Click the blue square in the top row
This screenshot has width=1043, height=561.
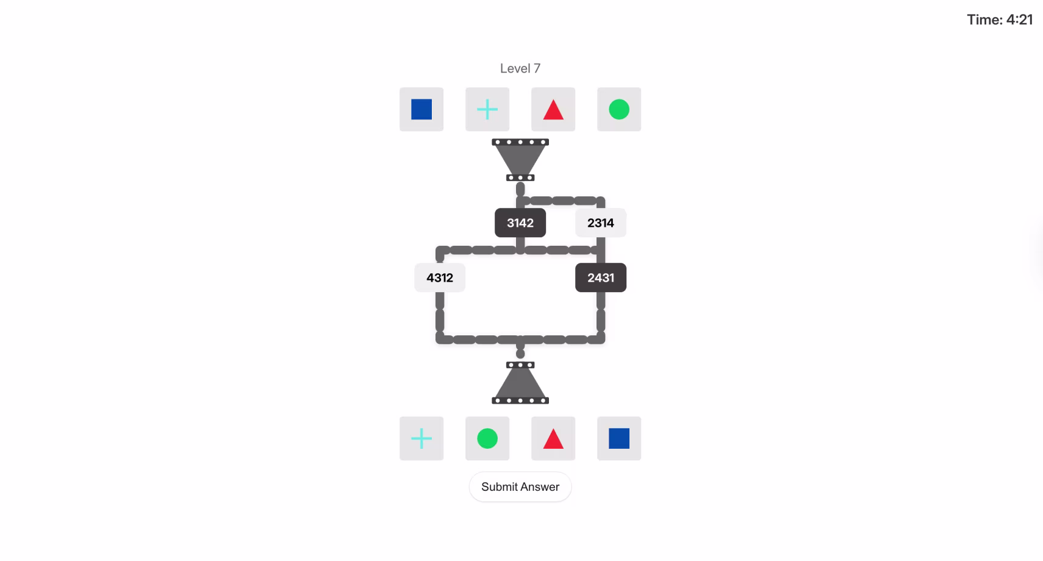pos(421,109)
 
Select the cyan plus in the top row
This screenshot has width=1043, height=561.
pos(487,109)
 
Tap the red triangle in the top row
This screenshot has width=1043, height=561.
pos(553,110)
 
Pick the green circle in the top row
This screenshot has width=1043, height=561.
pos(619,109)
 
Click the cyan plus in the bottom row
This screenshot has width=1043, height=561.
pos(421,438)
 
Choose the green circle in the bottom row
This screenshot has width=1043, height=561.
pos(487,438)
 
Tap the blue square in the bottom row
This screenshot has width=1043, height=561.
pos(619,438)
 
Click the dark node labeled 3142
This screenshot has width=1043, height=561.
pos(520,223)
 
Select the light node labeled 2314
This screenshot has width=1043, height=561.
pos(601,223)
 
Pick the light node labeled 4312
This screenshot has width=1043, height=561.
pos(440,278)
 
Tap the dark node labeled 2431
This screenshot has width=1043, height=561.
pos(601,278)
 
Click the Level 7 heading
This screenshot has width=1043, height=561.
pos(520,68)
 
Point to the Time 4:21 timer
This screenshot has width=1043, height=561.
pos(1000,20)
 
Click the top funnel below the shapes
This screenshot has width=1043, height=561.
pos(520,160)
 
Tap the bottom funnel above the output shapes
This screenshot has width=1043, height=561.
pos(520,383)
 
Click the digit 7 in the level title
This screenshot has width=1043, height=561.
pos(537,68)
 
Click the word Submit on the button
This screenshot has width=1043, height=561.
pos(500,487)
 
